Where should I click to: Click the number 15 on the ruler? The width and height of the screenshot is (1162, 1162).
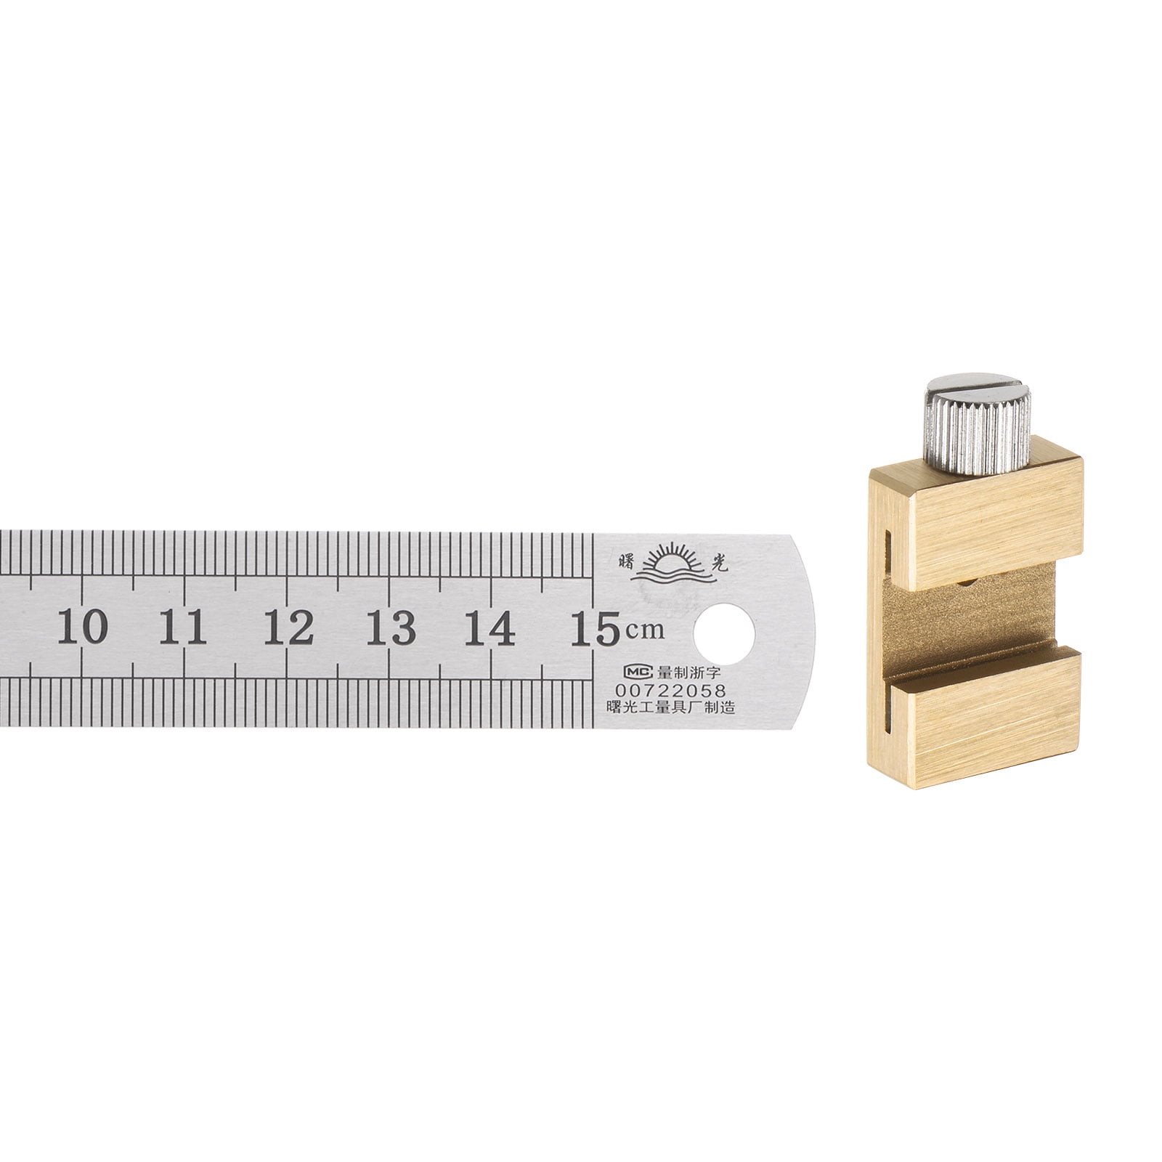click(x=594, y=627)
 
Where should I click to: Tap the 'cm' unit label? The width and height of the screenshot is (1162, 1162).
click(x=645, y=630)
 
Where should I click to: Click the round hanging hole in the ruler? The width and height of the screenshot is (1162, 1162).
click(x=724, y=633)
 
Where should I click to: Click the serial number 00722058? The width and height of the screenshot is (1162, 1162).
click(x=670, y=691)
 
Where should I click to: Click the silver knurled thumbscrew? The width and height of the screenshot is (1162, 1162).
click(x=977, y=428)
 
